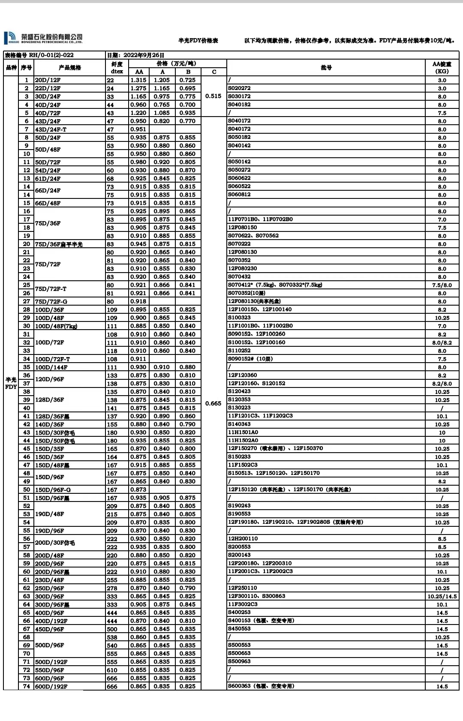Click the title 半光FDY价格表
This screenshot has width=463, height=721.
tap(198, 40)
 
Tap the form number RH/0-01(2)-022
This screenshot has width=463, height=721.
tap(51, 55)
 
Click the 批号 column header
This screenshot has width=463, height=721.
tap(326, 67)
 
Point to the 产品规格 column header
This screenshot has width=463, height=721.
tap(69, 68)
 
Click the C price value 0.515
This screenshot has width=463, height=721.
tap(213, 96)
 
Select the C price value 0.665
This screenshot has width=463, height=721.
tap(213, 403)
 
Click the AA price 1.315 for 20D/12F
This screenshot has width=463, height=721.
tap(138, 80)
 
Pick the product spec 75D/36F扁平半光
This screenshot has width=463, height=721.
tap(59, 244)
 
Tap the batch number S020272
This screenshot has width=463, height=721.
tap(239, 88)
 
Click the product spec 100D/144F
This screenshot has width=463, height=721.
tap(51, 367)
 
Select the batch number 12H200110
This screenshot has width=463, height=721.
tap(243, 538)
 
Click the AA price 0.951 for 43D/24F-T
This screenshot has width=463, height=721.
tap(138, 129)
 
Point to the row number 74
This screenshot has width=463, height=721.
tap(27, 686)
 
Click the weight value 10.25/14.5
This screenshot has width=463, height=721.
tap(442, 596)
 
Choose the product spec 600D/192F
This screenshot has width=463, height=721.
tap(51, 686)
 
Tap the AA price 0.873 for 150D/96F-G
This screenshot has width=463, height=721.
tap(138, 490)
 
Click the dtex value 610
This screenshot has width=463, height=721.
tap(112, 670)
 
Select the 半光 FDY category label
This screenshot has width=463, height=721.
tap(11, 383)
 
